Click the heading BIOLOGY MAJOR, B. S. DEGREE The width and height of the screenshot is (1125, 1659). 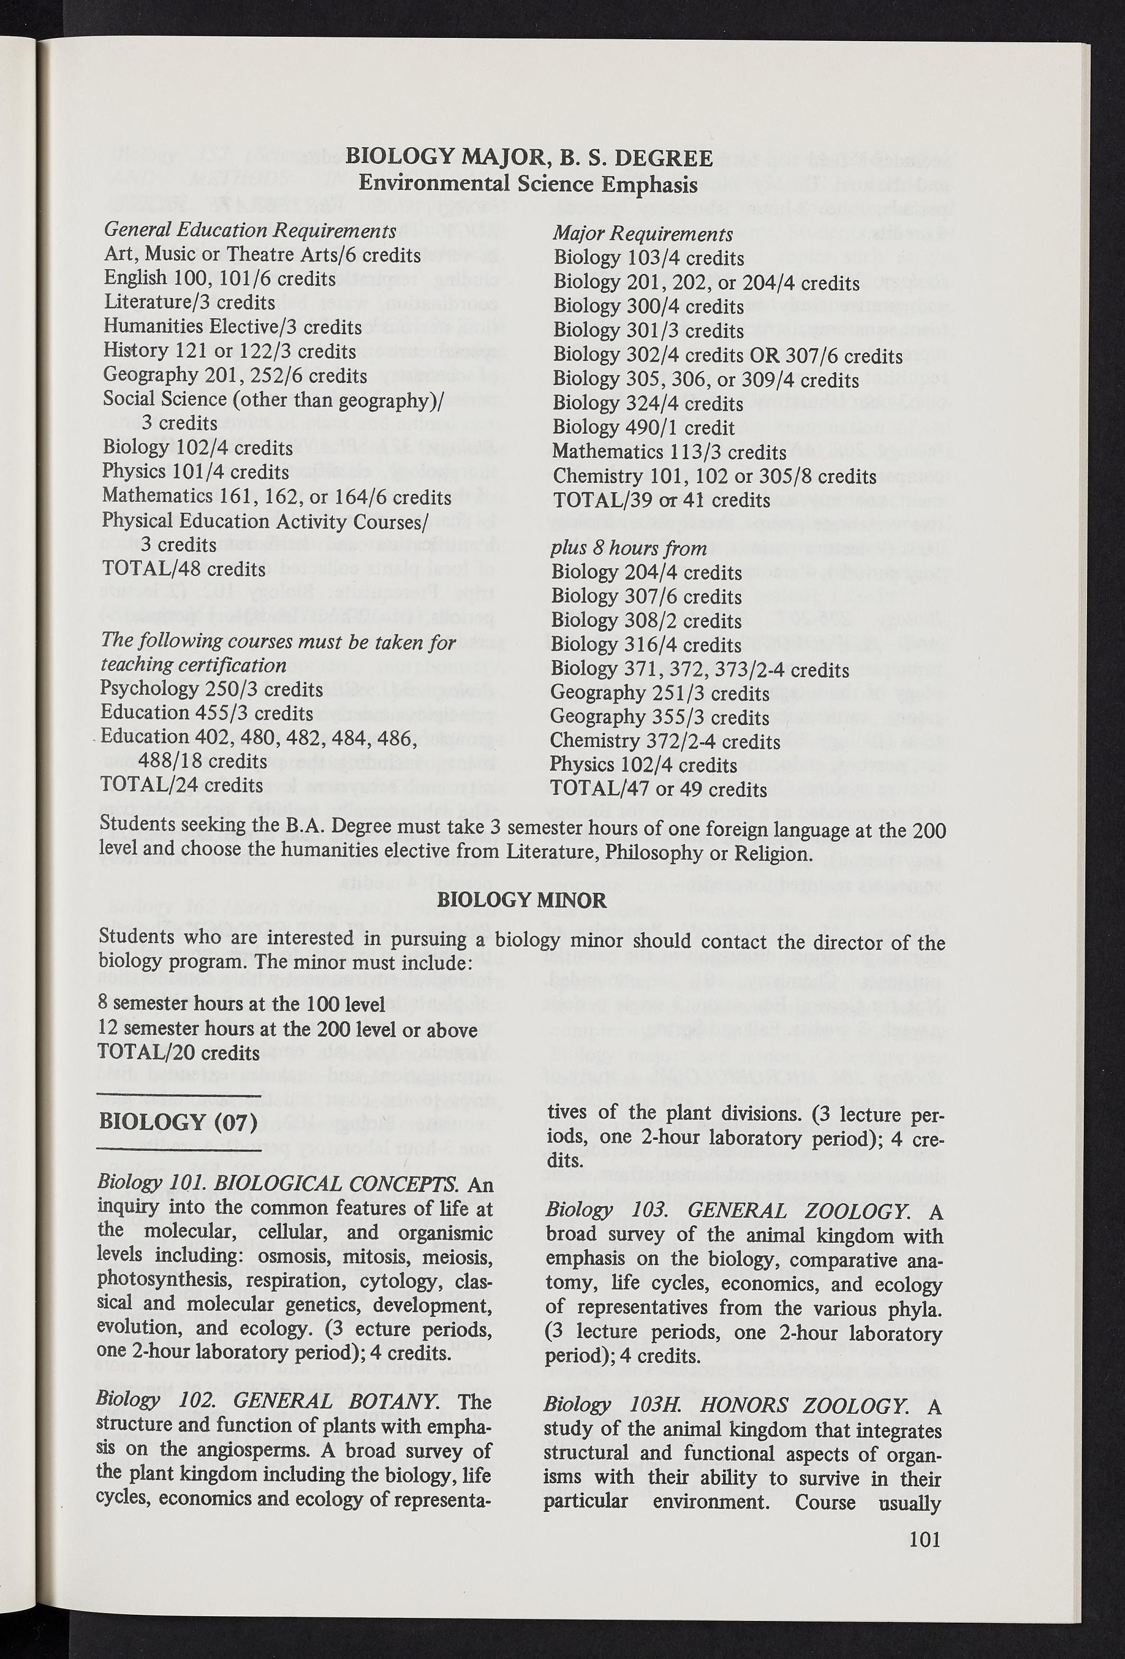pyautogui.click(x=528, y=158)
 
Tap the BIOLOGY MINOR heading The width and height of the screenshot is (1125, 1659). pyautogui.click(x=521, y=900)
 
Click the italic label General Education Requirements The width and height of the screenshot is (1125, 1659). pyautogui.click(x=250, y=231)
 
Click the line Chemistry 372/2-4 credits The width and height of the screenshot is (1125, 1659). pyautogui.click(x=664, y=742)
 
